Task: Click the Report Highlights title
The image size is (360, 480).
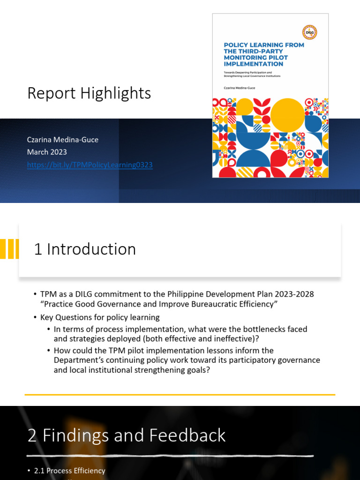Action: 89,93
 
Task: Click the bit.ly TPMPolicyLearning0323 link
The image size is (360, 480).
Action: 90,165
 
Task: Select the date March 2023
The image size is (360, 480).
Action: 47,152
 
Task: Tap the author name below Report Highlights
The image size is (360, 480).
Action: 63,140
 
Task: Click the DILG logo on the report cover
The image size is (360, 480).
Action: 310,32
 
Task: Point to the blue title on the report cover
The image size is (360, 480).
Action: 263,54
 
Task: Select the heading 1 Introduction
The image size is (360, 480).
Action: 85,249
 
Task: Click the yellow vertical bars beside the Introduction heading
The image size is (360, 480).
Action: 9,249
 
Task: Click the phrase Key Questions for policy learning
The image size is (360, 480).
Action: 100,317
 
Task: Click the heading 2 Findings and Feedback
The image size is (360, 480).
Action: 127,435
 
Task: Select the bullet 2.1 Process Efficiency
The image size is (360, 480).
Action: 76,471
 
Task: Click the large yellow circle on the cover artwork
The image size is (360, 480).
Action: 287,114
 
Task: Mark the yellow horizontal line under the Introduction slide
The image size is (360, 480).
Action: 180,395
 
